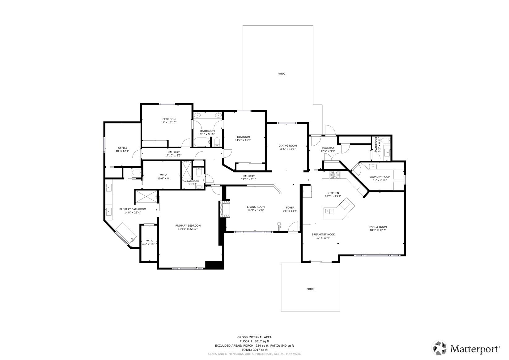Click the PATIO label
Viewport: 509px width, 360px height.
(x=281, y=74)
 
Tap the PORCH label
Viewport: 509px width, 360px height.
(x=311, y=289)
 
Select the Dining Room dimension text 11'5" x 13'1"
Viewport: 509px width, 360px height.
(x=287, y=149)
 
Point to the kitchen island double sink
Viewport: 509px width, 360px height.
(x=330, y=211)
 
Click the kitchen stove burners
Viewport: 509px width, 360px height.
(x=334, y=175)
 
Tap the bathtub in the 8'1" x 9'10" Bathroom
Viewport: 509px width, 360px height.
(x=202, y=142)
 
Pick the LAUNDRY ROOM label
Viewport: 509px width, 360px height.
(x=380, y=177)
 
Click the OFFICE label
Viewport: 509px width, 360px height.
(x=122, y=148)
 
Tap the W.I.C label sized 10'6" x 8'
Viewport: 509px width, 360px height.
(x=163, y=175)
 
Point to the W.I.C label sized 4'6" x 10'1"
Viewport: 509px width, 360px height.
(x=150, y=241)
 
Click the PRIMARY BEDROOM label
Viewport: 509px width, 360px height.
(x=188, y=225)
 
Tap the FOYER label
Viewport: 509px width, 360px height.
(x=290, y=208)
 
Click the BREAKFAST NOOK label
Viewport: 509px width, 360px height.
(x=323, y=234)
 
